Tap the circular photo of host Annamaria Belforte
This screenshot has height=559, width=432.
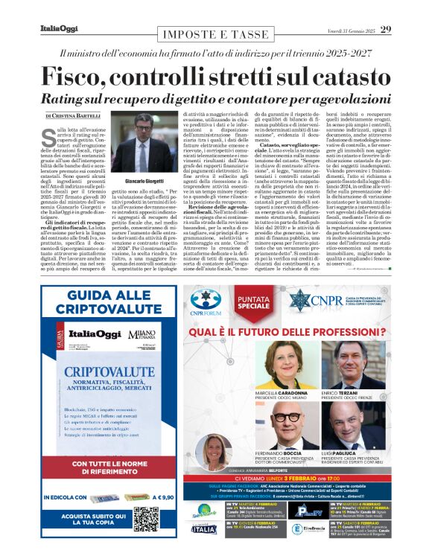point(214,452)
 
